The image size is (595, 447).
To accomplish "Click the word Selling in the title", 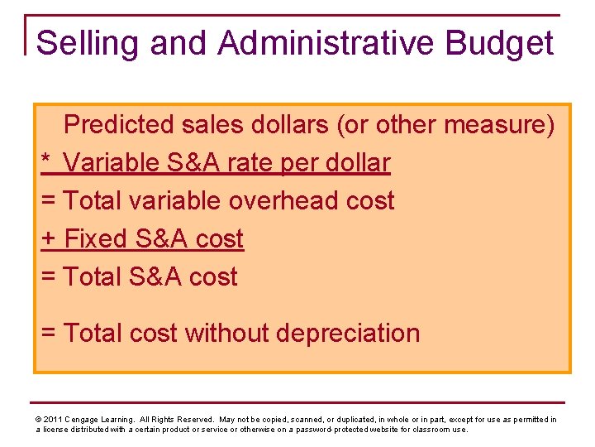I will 80,43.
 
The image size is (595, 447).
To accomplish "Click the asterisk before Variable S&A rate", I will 46,161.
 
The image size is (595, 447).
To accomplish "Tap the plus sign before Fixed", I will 49,239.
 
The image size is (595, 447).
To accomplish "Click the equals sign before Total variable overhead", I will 48,201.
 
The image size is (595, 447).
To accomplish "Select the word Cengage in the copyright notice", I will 84,420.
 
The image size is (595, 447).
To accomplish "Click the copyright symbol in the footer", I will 39,420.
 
